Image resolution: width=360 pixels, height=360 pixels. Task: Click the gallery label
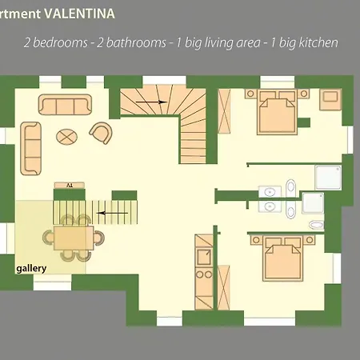pos(31,269)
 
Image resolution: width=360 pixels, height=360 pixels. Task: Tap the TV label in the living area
pos(70,185)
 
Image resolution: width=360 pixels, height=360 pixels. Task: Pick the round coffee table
pos(66,136)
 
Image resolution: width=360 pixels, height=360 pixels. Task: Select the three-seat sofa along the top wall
pos(65,106)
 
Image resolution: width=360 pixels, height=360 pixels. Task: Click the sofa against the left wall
pos(31,142)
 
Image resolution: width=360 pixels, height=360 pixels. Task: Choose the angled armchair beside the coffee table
pos(101,133)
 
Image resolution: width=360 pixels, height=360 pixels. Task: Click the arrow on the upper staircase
pos(153,102)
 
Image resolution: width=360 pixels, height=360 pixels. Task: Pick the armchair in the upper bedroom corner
pos(330,100)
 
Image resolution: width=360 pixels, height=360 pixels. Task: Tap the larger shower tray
pos(328,179)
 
